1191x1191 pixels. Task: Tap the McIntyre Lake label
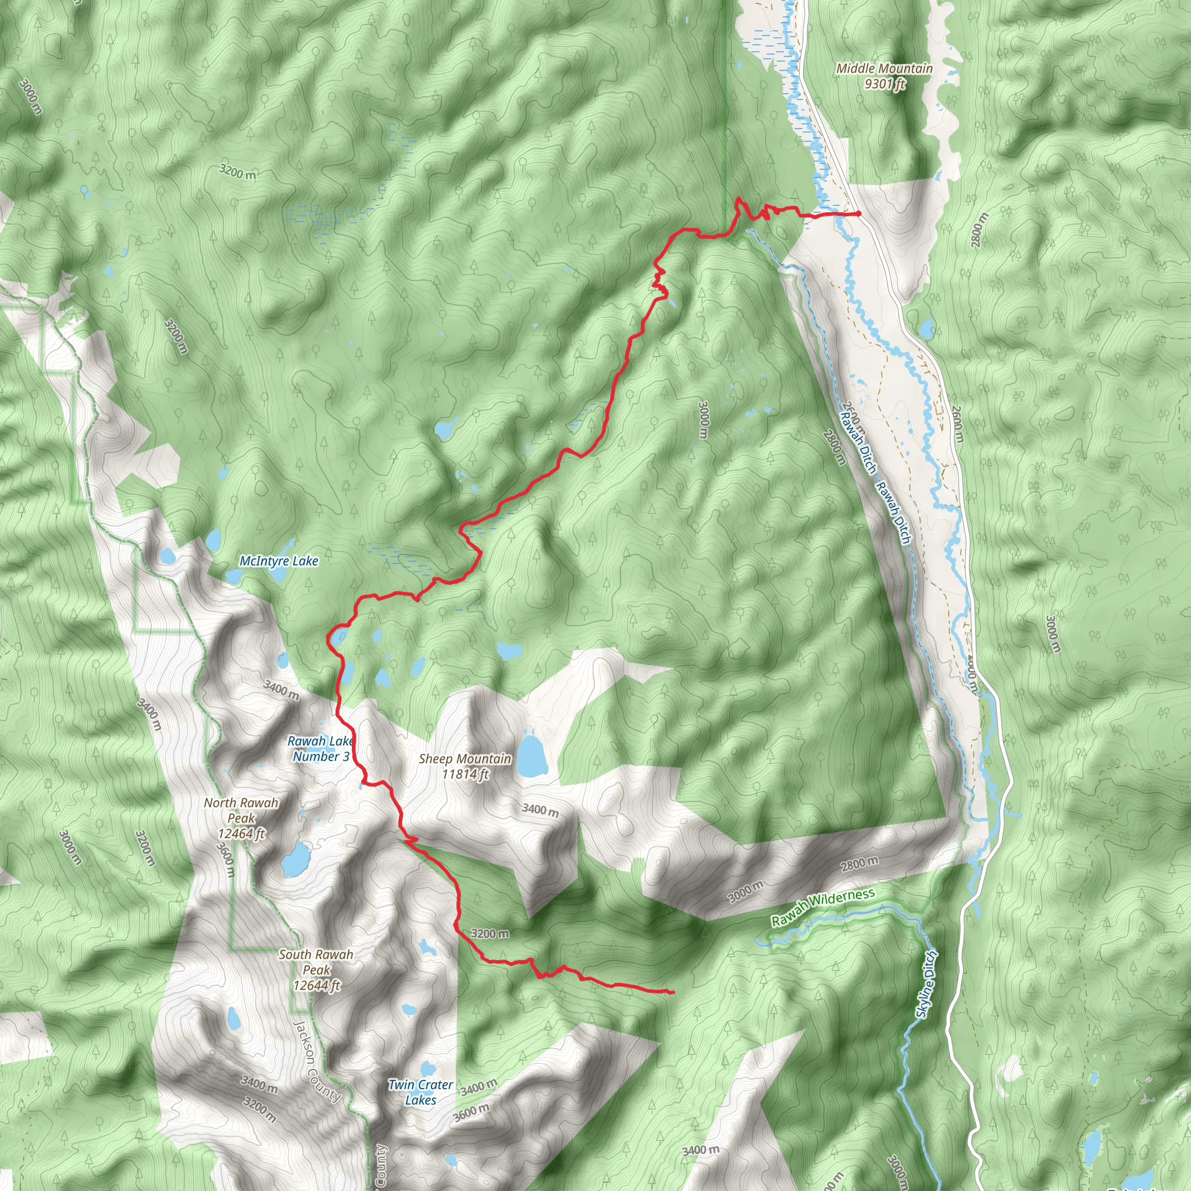[279, 561]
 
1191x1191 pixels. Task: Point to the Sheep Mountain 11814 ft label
[465, 766]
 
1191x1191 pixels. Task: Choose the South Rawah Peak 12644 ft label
[316, 969]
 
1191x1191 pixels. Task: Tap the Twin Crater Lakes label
[420, 1092]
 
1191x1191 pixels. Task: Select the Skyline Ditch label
[926, 984]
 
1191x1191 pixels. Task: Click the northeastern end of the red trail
[859, 213]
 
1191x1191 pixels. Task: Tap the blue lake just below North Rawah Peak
[297, 859]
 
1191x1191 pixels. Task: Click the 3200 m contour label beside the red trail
[490, 933]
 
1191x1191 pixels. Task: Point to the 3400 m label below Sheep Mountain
[540, 810]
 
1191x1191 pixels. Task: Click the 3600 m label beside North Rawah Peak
[226, 859]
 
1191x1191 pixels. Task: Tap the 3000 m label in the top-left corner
[31, 97]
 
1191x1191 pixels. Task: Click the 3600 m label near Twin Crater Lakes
[472, 1112]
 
